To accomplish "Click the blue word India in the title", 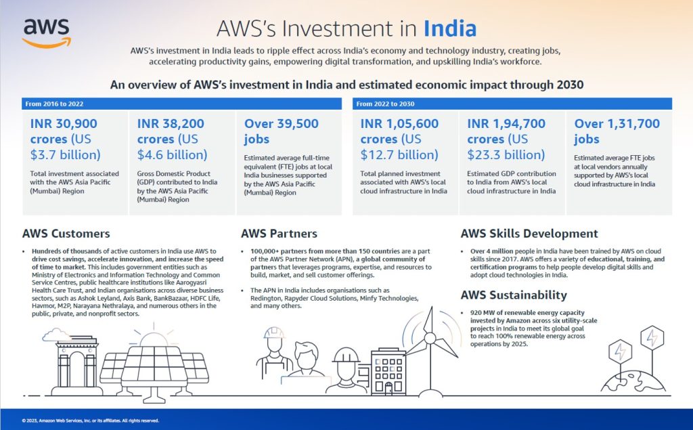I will pyautogui.click(x=450, y=29).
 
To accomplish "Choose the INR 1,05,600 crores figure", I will pyautogui.click(x=399, y=139).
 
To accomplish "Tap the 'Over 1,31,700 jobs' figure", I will pyautogui.click(x=617, y=131).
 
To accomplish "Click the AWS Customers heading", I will pyautogui.click(x=66, y=234).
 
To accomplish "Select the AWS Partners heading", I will pyautogui.click(x=279, y=234).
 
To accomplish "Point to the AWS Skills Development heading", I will pyautogui.click(x=529, y=234).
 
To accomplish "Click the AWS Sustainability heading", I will pyautogui.click(x=514, y=295).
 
